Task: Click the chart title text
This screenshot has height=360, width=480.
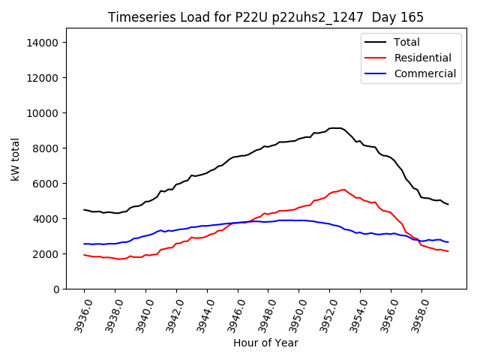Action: click(265, 17)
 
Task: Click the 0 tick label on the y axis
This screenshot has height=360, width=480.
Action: click(56, 289)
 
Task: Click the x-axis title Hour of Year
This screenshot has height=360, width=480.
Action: click(265, 343)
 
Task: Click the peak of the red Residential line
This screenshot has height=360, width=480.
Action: click(344, 190)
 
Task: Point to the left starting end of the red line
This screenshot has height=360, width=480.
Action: click(84, 255)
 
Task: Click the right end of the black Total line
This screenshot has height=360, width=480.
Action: click(448, 204)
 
